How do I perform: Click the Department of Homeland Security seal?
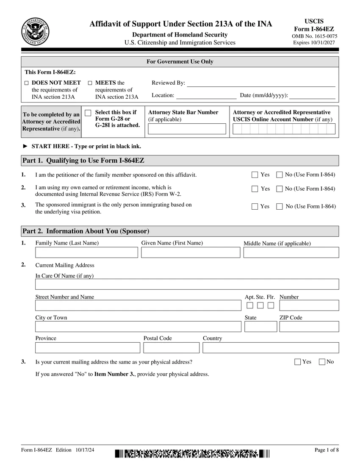click(x=35, y=32)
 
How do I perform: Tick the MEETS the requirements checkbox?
click(x=90, y=83)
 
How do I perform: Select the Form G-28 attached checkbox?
click(x=88, y=113)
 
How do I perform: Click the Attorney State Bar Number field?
click(x=187, y=129)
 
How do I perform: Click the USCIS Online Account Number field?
click(x=284, y=129)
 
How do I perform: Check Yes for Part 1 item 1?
click(x=255, y=175)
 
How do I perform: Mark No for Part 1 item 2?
click(x=280, y=189)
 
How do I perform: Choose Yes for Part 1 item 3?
click(x=255, y=207)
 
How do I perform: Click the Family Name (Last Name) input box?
click(x=86, y=252)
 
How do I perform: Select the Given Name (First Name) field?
click(x=191, y=252)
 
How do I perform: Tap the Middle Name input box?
click(x=291, y=252)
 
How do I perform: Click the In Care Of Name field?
click(x=187, y=284)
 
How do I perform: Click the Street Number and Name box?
click(x=138, y=305)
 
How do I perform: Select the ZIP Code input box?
click(x=309, y=327)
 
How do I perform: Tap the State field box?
click(x=261, y=327)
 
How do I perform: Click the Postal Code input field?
click(x=171, y=348)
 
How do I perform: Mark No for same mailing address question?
click(x=322, y=362)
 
